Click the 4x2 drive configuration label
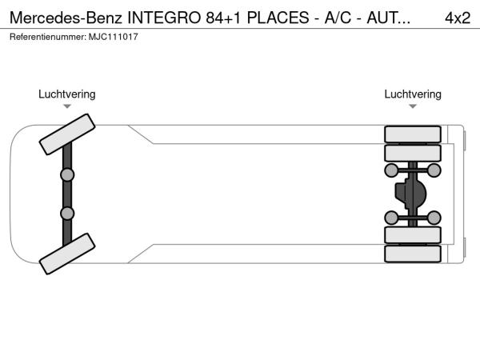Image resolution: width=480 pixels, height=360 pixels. (458, 18)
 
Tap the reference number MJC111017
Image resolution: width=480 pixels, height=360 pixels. (114, 37)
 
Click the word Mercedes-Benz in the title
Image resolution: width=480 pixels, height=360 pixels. (66, 18)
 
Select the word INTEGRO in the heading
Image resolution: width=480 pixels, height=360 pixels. (164, 18)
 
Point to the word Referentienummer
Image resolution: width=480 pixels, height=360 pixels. (48, 37)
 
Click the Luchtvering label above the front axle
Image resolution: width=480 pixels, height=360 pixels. (67, 94)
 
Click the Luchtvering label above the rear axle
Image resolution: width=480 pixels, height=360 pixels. (413, 94)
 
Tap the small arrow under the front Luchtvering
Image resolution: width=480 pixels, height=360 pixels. (67, 106)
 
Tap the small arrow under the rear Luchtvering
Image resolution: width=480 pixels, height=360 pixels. (413, 106)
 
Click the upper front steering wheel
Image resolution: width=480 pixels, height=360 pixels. (67, 134)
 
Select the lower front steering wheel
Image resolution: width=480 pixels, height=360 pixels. (67, 254)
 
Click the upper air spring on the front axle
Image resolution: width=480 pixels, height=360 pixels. (67, 174)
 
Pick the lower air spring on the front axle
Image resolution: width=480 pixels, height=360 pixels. (67, 214)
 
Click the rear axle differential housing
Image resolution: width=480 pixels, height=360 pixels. (411, 193)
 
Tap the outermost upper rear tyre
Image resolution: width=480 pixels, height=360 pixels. (413, 134)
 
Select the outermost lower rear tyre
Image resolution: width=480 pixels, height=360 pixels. (413, 254)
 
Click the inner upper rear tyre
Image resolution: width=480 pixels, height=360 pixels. (413, 153)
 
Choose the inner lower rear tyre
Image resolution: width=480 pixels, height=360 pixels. (413, 235)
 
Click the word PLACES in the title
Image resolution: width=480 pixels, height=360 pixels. (278, 18)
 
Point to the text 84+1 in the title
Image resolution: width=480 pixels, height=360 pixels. (224, 18)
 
